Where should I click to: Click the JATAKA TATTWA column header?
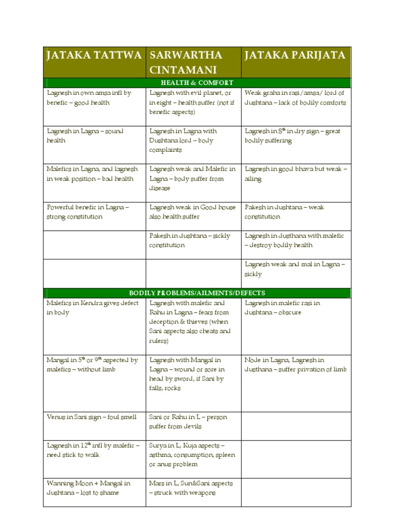point(94,55)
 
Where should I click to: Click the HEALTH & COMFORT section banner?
point(197,83)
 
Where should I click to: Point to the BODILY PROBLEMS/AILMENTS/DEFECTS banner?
point(197,293)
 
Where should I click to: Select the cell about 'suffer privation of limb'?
point(295,365)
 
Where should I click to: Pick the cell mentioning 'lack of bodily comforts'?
point(295,97)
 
